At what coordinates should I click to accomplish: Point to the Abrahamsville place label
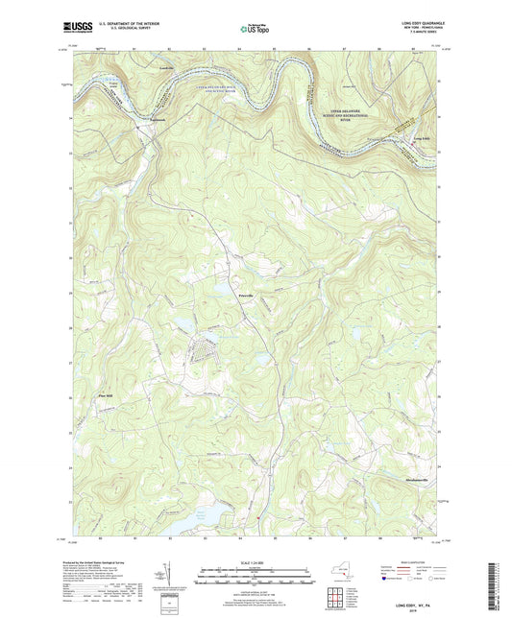click(402, 477)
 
